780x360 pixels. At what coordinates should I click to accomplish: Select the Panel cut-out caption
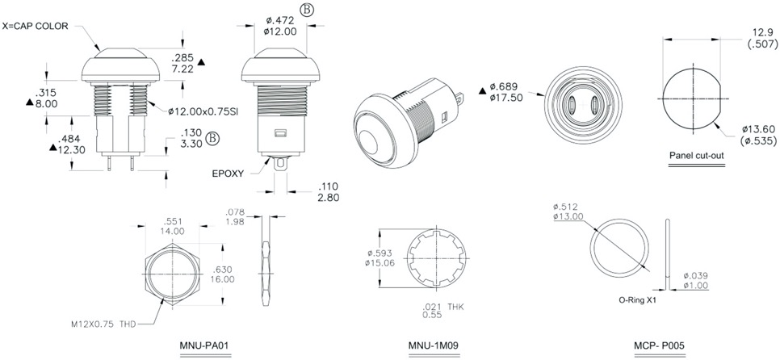coord(697,155)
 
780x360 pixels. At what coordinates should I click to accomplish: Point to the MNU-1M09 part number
coord(434,345)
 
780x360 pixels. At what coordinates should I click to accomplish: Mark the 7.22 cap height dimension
coord(183,70)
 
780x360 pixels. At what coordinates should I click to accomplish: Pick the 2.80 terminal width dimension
coord(329,196)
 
